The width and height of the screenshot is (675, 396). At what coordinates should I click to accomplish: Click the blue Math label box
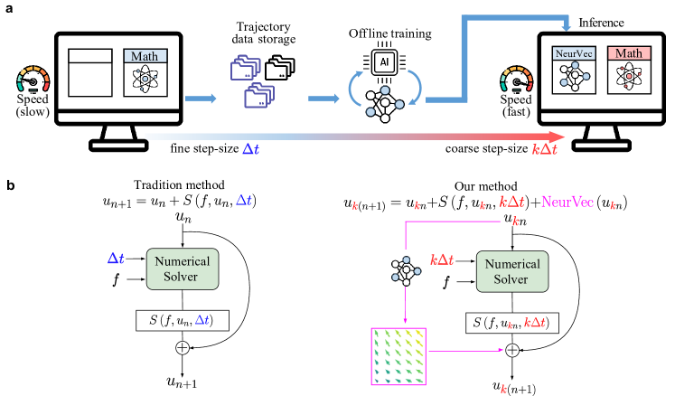point(145,56)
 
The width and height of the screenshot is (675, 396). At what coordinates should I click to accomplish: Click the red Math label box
point(628,53)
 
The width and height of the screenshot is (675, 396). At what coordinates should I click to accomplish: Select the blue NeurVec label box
point(574,53)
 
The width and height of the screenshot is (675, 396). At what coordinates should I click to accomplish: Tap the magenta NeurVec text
point(567,202)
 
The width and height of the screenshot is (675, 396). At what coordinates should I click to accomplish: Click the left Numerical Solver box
point(182,269)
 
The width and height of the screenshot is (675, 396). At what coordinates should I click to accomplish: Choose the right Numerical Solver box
point(511,271)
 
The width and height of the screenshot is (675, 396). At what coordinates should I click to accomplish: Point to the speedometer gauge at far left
point(33,81)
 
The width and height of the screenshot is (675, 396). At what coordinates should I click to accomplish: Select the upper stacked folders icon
point(246,68)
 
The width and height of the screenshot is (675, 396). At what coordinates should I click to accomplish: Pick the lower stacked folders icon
point(259,96)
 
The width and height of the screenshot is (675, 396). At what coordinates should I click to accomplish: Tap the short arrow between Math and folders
point(201,98)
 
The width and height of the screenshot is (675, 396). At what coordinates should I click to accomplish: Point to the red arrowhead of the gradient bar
point(558,137)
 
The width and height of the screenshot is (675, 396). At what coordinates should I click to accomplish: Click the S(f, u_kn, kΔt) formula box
point(511,323)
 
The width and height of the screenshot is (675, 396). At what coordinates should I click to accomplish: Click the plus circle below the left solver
point(183,347)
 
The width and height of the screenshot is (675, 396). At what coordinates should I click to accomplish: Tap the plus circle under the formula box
point(511,350)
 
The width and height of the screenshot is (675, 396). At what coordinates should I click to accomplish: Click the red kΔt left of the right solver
point(441,259)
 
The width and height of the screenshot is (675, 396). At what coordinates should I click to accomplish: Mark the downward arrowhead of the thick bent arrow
point(566,26)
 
